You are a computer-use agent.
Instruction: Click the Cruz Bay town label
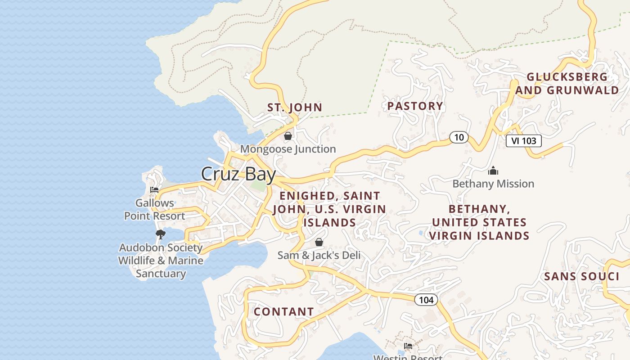(x=238, y=174)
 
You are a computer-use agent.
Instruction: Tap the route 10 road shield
(x=459, y=137)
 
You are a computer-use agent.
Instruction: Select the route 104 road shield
(x=426, y=300)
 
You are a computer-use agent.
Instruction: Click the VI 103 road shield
(x=523, y=141)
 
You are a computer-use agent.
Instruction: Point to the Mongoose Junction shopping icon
(x=288, y=135)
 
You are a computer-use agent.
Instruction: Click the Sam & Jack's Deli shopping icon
(x=319, y=242)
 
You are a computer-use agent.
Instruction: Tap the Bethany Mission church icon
(x=493, y=171)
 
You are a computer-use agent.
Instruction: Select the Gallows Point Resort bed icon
(x=154, y=190)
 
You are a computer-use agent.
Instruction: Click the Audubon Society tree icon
(x=160, y=234)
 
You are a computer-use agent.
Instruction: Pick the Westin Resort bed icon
(x=408, y=346)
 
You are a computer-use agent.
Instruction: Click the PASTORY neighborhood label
(x=415, y=106)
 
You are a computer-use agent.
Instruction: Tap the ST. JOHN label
(x=295, y=108)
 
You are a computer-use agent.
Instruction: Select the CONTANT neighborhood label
(x=283, y=311)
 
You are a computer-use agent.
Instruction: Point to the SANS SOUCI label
(x=581, y=276)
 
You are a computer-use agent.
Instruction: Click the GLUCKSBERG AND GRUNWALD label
(x=567, y=84)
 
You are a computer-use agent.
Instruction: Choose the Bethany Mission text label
(x=493, y=184)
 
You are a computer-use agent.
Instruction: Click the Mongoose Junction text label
(x=288, y=149)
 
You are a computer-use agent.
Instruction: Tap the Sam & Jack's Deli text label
(x=319, y=255)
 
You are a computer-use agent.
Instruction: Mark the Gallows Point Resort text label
(x=154, y=210)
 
